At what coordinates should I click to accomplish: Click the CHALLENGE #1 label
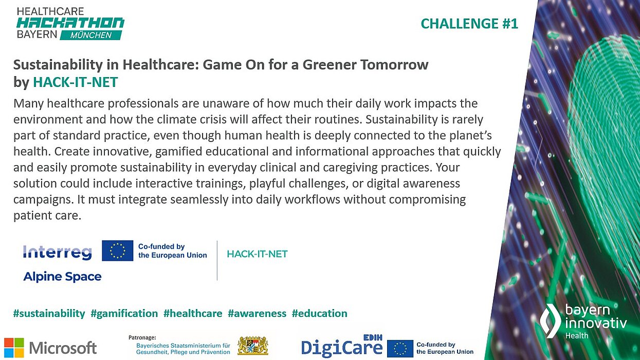[469, 24]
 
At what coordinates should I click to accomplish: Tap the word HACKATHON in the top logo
[70, 23]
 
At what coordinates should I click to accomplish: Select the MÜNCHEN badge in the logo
[91, 35]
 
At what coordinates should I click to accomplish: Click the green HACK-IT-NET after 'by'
[75, 82]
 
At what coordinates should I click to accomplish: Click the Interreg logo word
[58, 252]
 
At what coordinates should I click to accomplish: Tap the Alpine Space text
[62, 277]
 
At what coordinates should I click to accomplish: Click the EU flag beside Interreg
[117, 250]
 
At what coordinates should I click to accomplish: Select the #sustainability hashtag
[49, 313]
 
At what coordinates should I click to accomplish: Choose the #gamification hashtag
[124, 313]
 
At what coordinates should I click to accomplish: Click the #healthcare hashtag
[193, 313]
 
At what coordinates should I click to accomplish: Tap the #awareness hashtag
[257, 313]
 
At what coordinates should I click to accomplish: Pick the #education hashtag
[319, 313]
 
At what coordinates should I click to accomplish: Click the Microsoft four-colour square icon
[14, 348]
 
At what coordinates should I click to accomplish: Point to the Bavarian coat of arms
[252, 346]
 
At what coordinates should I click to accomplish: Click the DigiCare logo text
[341, 348]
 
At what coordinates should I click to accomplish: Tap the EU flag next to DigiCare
[400, 348]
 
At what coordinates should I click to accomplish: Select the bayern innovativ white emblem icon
[550, 320]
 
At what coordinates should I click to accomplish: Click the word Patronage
[142, 337]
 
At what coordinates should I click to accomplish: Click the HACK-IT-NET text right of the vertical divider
[257, 254]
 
